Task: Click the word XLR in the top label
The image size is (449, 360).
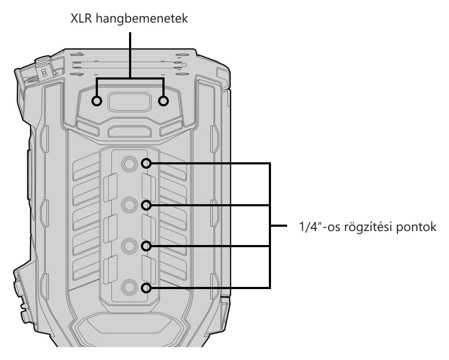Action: click(x=81, y=19)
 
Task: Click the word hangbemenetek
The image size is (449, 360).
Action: click(x=142, y=19)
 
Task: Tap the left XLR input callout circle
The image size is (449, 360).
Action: click(x=97, y=101)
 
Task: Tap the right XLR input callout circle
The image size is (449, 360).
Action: click(x=163, y=101)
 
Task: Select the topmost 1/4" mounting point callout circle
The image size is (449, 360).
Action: click(x=146, y=164)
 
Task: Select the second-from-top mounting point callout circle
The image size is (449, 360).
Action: click(x=146, y=205)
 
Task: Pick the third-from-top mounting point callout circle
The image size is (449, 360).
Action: click(x=146, y=246)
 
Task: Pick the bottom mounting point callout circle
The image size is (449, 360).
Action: click(x=146, y=288)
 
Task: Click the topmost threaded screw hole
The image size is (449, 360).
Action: click(x=130, y=164)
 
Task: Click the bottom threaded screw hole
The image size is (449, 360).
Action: click(x=130, y=287)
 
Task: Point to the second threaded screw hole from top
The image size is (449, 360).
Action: click(x=130, y=205)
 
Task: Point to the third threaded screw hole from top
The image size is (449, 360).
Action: click(x=130, y=246)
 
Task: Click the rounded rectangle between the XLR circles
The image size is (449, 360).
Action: click(x=130, y=102)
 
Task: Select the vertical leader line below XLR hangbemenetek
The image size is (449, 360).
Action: click(x=130, y=55)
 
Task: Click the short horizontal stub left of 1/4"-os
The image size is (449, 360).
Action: click(x=279, y=226)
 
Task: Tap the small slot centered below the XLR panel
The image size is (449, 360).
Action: click(x=130, y=131)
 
